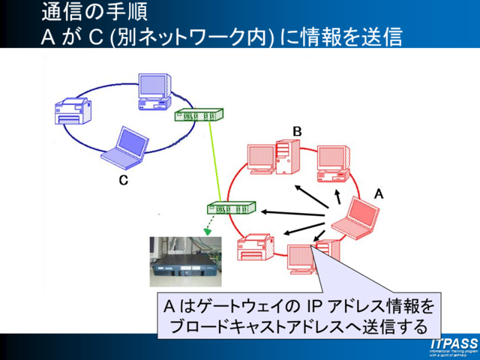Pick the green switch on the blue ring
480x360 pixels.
(x=199, y=115)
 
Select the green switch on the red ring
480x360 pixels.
(x=231, y=208)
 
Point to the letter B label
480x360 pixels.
(x=297, y=131)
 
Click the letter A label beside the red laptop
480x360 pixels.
(x=379, y=193)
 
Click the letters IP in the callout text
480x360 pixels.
(x=313, y=307)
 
